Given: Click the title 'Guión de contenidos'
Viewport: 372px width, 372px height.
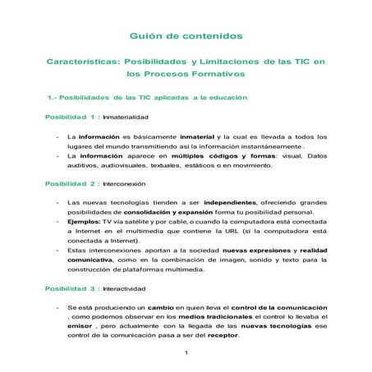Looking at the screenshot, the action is coord(186,37).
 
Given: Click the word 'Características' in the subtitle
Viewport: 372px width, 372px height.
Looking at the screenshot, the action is coord(81,62).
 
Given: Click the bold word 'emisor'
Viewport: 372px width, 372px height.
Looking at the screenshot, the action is coord(80,325).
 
